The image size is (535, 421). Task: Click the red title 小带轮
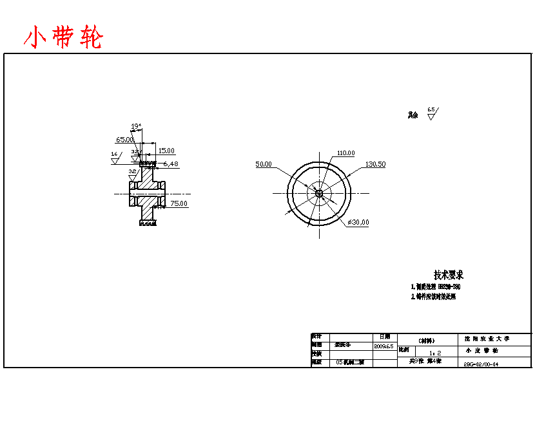[x=63, y=38]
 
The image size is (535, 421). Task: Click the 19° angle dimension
[x=136, y=126]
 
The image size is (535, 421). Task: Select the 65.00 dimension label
[x=124, y=139]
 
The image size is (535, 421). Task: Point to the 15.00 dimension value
[x=166, y=151]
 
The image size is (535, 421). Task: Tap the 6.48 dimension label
[x=170, y=164]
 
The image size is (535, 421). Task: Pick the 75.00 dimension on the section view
[x=179, y=203]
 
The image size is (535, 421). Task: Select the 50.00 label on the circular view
[x=264, y=164]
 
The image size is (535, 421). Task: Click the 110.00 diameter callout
[x=345, y=153]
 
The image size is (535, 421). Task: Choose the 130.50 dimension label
[x=375, y=164]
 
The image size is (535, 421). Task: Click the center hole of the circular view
[x=318, y=192]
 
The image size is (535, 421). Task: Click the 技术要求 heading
[x=449, y=275]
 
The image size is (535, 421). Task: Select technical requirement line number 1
[x=436, y=286]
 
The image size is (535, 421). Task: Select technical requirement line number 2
[x=433, y=297]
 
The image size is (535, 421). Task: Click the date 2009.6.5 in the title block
[x=384, y=346]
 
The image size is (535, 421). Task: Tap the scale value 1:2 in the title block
[x=435, y=353]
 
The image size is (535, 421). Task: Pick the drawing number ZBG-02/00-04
[x=481, y=364]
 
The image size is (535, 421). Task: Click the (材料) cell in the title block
[x=426, y=340]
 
